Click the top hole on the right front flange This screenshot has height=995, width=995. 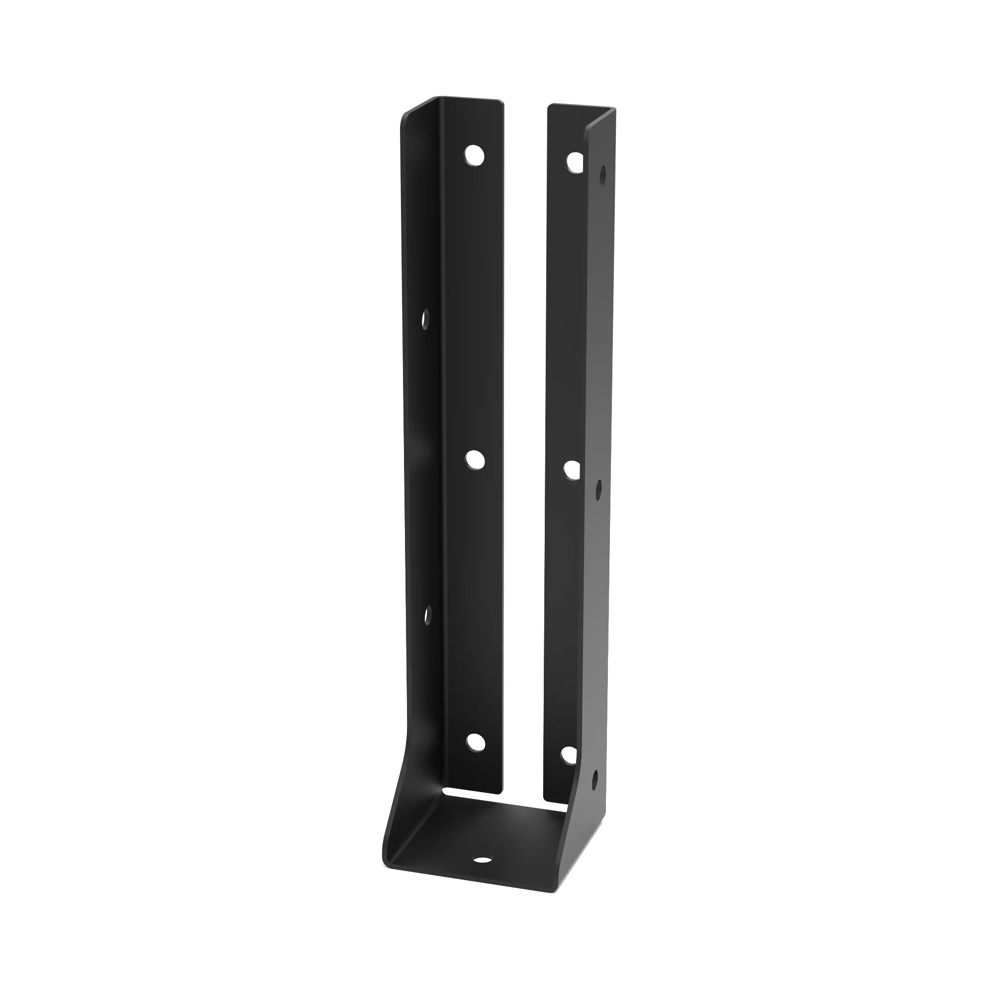[575, 162]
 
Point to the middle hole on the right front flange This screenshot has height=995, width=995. [572, 470]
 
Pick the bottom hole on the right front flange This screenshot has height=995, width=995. [569, 755]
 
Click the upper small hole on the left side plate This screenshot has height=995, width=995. [425, 319]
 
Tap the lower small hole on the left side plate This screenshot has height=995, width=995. [427, 615]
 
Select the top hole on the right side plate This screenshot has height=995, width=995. [603, 175]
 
